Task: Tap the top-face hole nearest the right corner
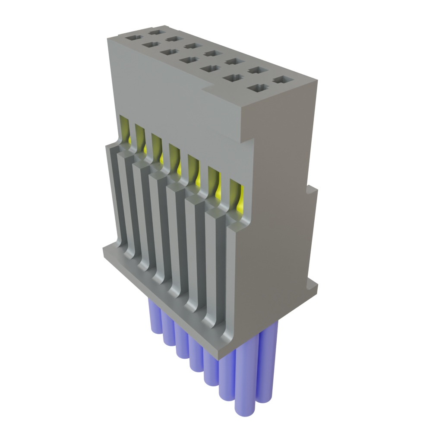click(282, 80)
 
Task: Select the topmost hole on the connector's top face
click(155, 31)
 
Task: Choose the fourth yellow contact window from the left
click(175, 158)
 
